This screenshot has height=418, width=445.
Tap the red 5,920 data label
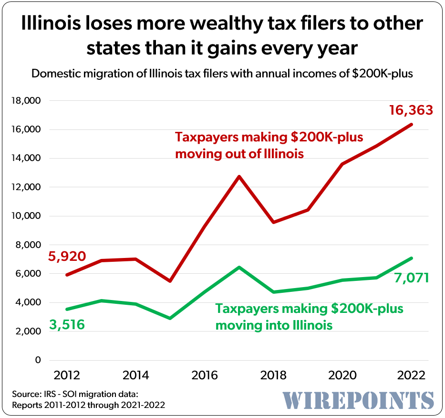[x=67, y=257]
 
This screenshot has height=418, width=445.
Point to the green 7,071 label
[x=412, y=278]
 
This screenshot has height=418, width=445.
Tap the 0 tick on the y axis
[x=37, y=360]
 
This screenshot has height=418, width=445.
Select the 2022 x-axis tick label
[x=411, y=375]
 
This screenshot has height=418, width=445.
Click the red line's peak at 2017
[x=239, y=177]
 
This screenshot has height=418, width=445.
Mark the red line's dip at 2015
[x=171, y=281]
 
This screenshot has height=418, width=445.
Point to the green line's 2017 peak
[x=239, y=267]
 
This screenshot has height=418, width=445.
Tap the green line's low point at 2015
[x=171, y=318]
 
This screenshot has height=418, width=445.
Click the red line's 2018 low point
[x=274, y=222]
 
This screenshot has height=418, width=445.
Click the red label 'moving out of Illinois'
[x=239, y=154]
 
